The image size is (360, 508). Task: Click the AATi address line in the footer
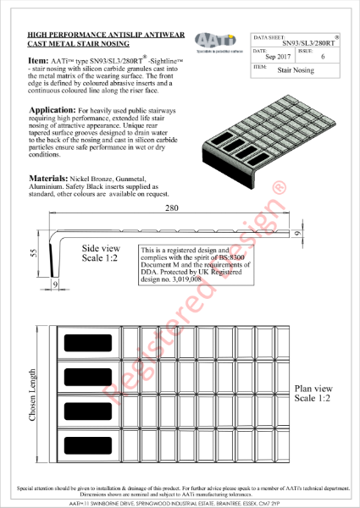(180, 501)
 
